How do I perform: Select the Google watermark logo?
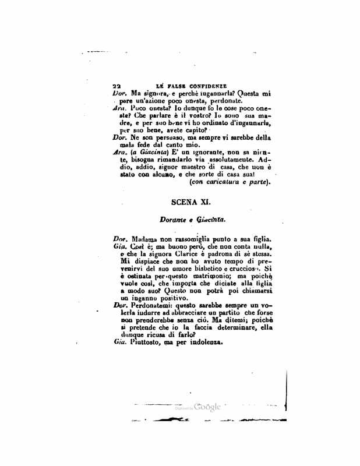[208, 407]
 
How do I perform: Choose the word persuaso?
[161, 137]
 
